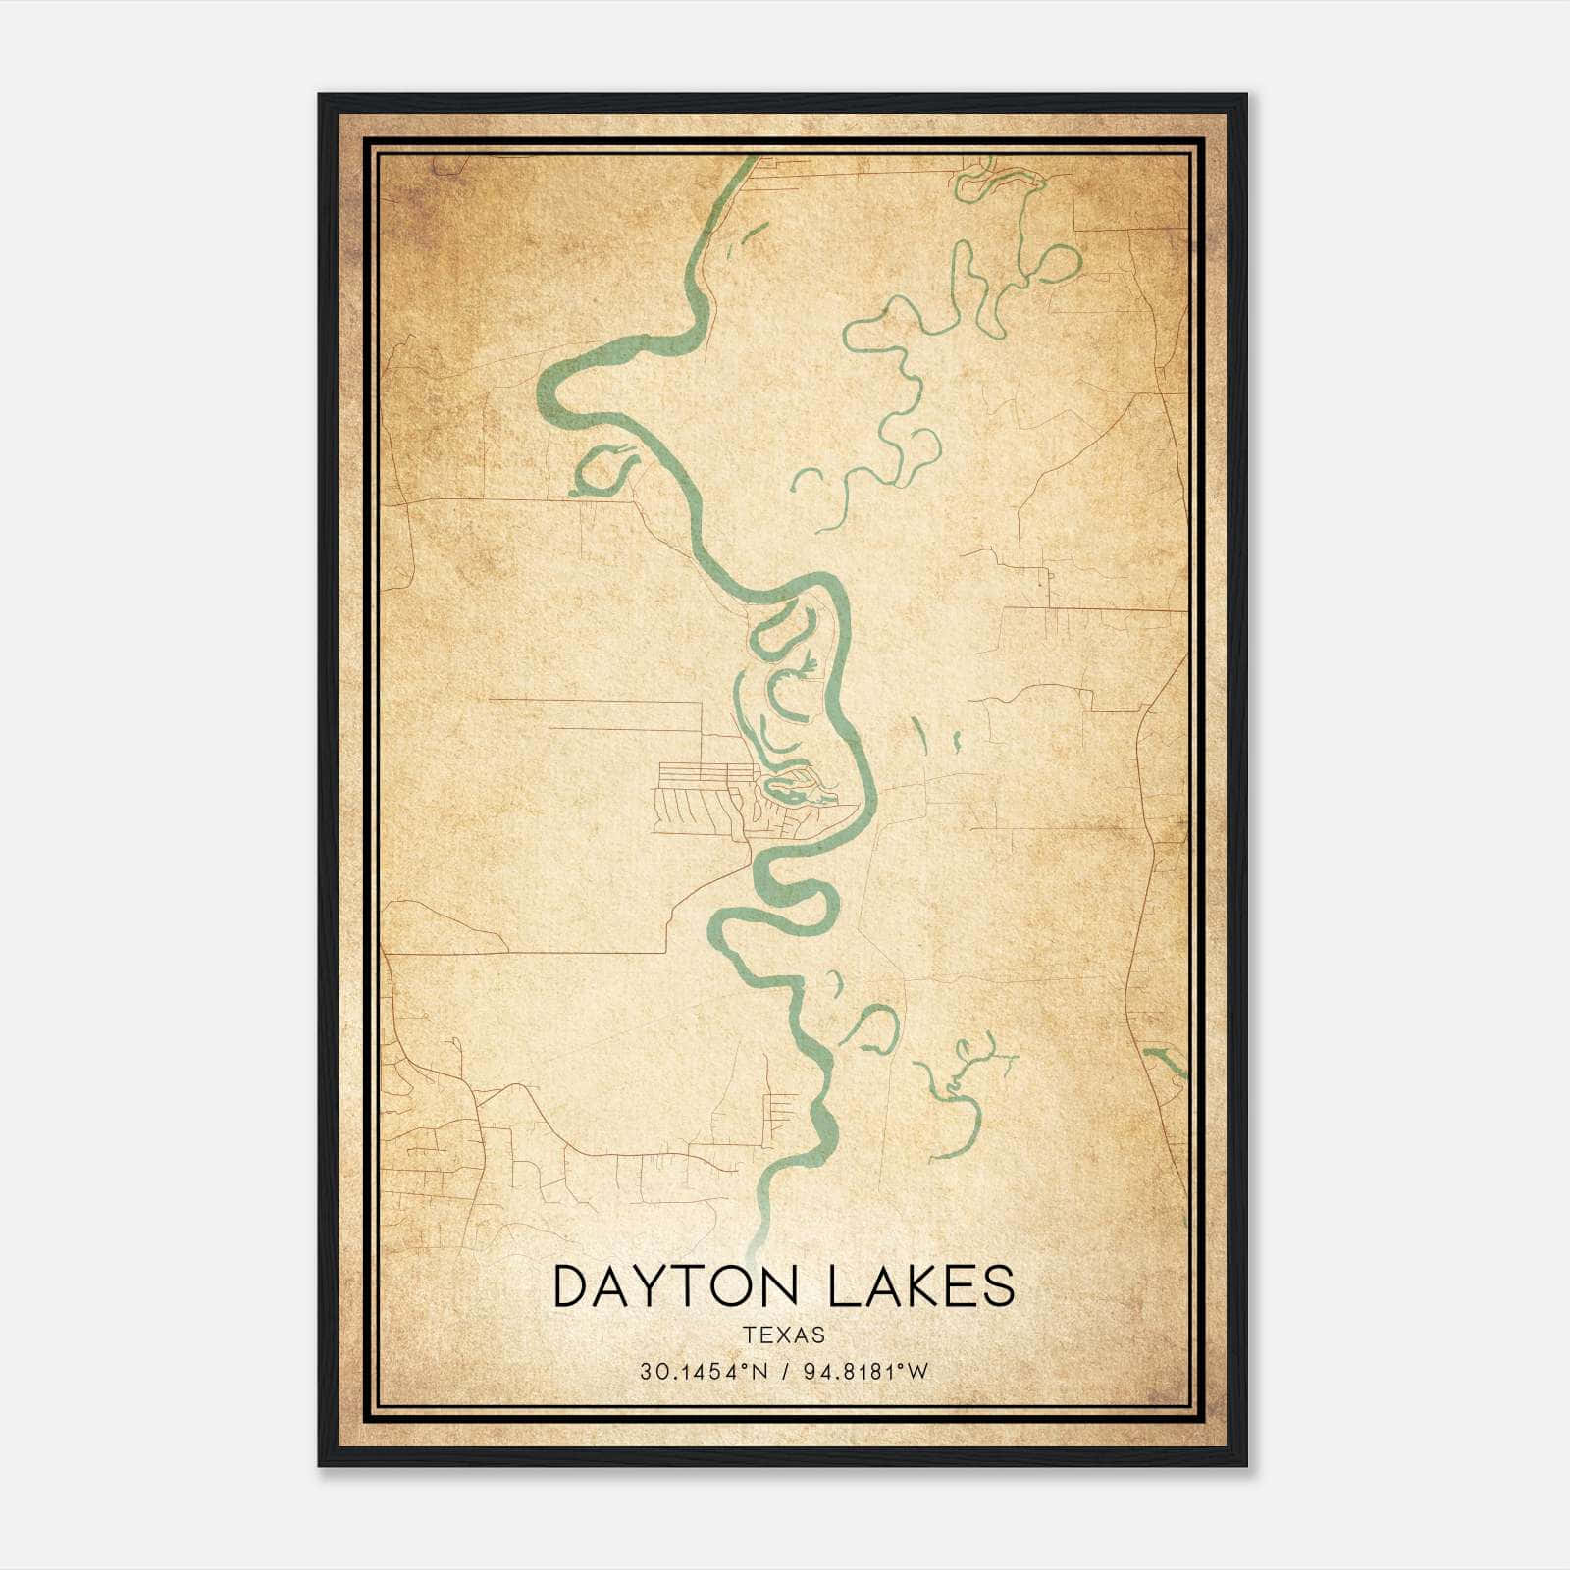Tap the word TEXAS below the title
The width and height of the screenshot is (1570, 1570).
coord(784,1335)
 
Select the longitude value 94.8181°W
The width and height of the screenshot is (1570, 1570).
coord(865,1372)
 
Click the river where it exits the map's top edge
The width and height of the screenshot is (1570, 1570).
coord(750,161)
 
